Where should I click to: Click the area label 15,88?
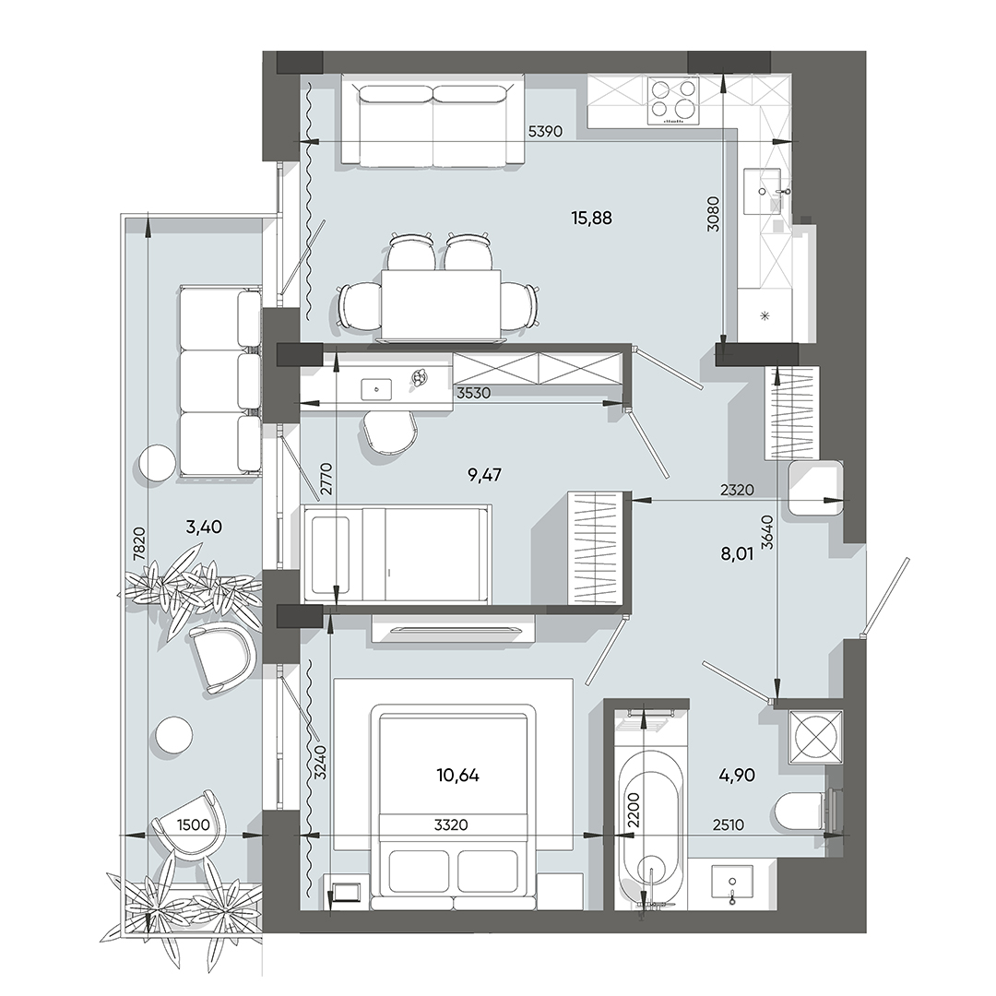tap(592, 219)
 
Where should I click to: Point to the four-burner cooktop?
tap(674, 100)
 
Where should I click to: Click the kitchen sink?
tap(765, 192)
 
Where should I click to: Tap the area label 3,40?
tap(204, 528)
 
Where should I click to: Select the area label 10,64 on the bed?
tap(458, 776)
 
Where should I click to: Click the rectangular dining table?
tap(441, 303)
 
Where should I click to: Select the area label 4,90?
tap(737, 776)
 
